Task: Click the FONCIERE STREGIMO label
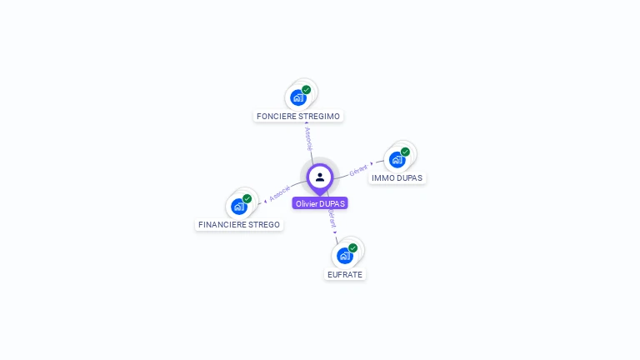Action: [298, 116]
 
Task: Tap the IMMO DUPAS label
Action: [397, 177]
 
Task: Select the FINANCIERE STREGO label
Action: [239, 224]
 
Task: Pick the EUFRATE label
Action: [345, 273]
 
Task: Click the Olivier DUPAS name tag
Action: [320, 203]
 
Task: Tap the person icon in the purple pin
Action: [320, 177]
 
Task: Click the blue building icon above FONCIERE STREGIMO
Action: [297, 98]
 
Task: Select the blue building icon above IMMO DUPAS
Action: [397, 159]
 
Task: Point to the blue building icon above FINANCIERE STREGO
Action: [239, 207]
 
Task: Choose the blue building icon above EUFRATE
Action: [344, 256]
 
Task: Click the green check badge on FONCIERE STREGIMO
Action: [307, 90]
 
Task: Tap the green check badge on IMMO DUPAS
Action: [405, 152]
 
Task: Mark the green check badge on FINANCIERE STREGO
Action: [247, 199]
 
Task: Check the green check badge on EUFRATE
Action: [353, 247]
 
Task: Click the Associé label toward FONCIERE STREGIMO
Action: [307, 137]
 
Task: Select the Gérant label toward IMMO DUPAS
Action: [358, 168]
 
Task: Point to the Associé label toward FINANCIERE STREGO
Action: [280, 192]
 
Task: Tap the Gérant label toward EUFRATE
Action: [332, 219]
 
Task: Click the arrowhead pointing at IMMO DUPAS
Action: [372, 164]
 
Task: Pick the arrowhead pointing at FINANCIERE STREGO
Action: [266, 200]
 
